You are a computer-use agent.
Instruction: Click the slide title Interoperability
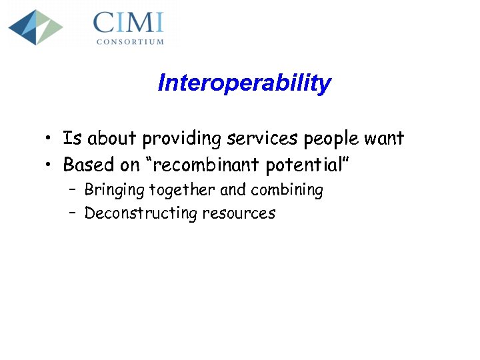pos(244,83)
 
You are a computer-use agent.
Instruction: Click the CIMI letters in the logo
pos(129,23)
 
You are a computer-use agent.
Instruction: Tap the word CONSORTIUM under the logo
pos(130,41)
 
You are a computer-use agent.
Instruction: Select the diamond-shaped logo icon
pos(35,27)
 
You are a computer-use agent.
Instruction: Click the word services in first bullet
pos(263,139)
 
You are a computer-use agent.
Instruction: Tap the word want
pos(384,139)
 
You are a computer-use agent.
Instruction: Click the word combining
pos(287,191)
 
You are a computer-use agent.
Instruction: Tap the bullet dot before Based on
pos(49,165)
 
